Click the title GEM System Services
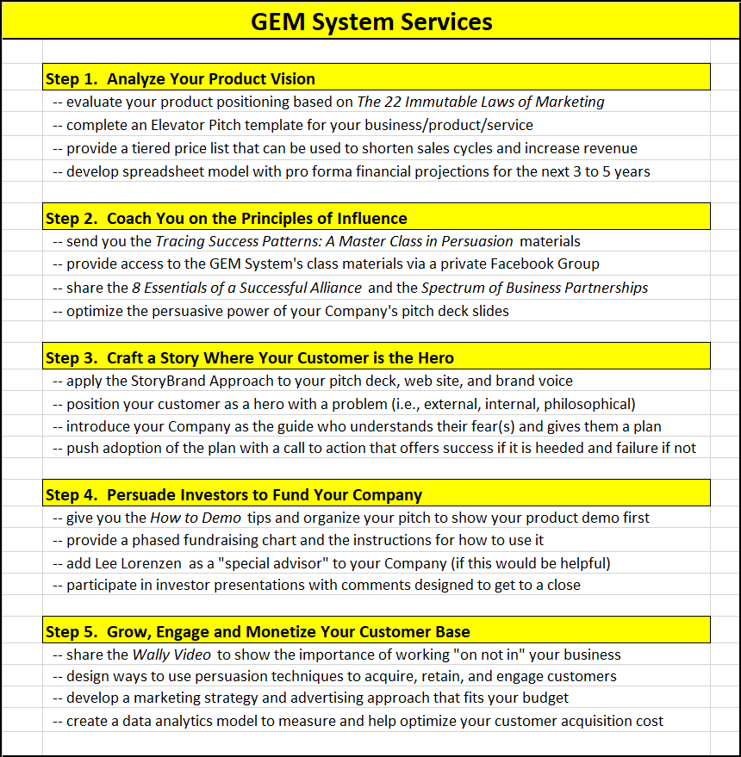coord(371,22)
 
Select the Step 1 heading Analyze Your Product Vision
coord(180,78)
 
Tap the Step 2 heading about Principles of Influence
coord(226,218)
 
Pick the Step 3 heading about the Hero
coord(249,357)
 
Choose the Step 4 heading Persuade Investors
coord(234,494)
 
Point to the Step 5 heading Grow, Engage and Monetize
coord(257,632)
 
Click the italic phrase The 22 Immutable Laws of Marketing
coord(481,102)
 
